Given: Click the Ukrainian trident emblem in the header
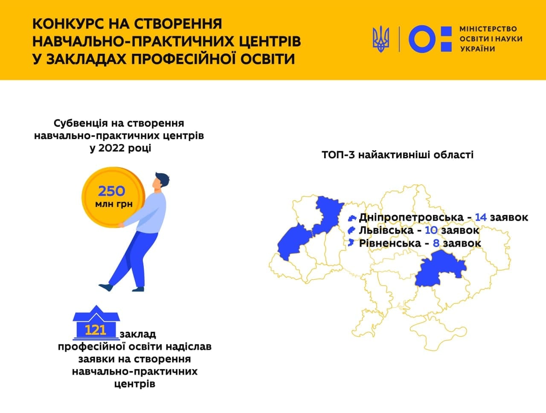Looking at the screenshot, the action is (381, 39).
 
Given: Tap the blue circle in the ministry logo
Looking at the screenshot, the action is (422, 39).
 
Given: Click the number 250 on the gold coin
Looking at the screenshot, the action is (111, 191).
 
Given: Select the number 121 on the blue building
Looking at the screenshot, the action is (96, 330).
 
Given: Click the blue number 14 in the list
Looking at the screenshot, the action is (481, 217).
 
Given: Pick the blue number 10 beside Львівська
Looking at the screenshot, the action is (431, 230).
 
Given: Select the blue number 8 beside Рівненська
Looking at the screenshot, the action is (436, 243).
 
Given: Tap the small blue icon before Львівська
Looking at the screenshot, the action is (351, 230).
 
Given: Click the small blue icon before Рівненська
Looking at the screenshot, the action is (351, 243).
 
